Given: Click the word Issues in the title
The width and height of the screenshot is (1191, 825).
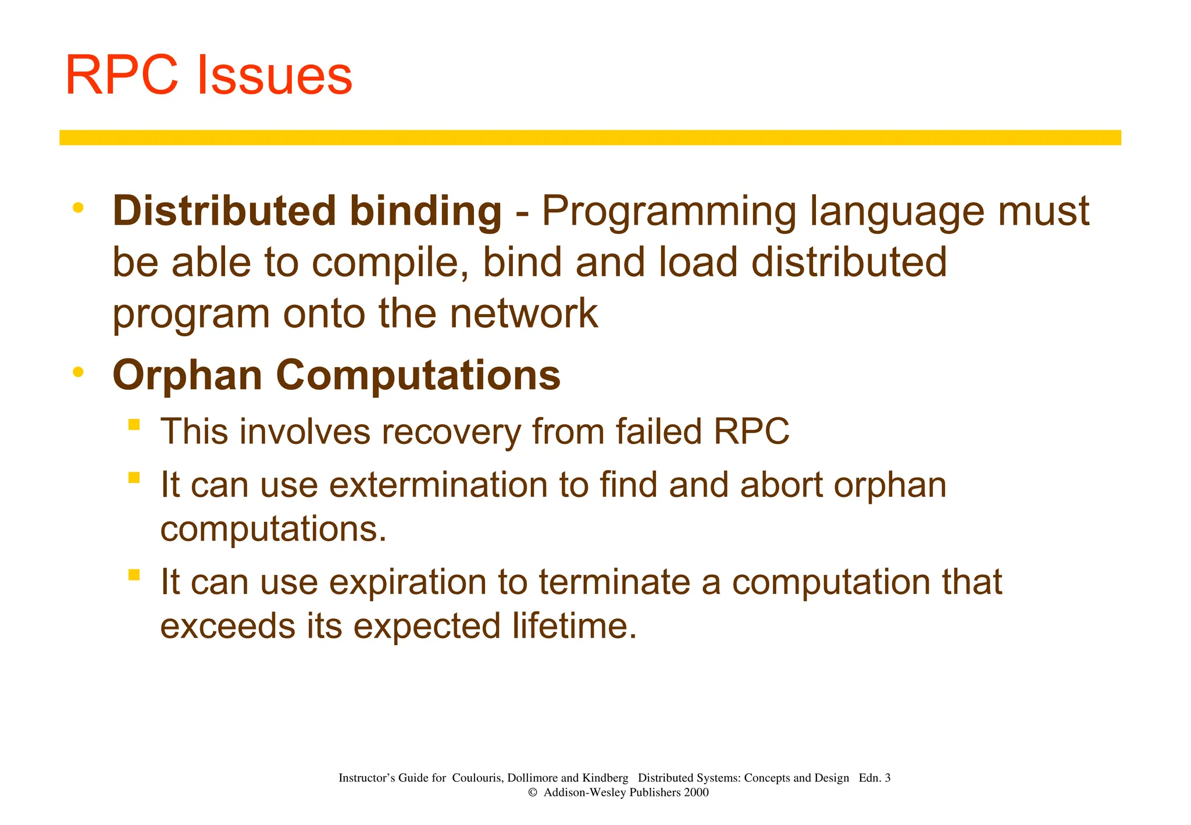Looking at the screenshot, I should coord(274,76).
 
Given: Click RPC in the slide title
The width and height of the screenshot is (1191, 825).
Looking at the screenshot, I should coord(122,76).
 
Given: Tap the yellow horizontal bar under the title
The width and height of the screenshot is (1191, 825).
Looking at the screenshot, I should coord(590,137).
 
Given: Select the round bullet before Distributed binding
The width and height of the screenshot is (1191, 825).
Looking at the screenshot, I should coord(78,208).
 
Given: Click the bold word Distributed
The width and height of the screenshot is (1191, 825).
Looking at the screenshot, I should coord(224,211).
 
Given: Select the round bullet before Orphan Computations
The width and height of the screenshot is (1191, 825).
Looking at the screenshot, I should coord(78,372).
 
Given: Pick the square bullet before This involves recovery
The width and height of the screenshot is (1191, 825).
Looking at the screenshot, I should coord(134,425).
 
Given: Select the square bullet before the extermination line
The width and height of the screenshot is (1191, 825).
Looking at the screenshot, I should coord(134,478).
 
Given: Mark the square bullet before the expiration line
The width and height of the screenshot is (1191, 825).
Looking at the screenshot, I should coord(134,575).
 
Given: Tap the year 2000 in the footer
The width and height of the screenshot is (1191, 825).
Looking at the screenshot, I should coord(696,792).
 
